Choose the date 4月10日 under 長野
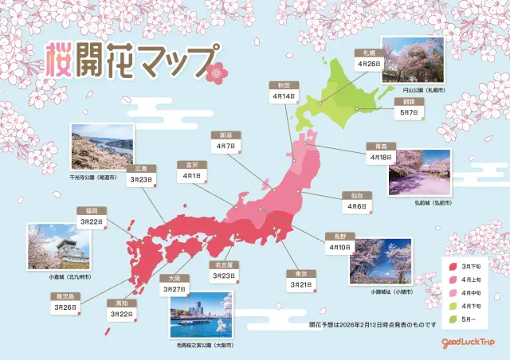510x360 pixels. point(338,248)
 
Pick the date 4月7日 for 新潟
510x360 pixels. point(224,147)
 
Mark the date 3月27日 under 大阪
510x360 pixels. point(175,289)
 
